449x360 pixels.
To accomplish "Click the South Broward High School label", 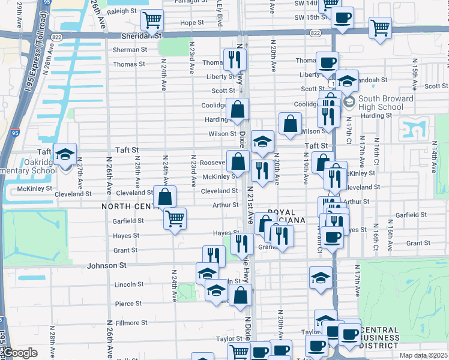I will (385, 103).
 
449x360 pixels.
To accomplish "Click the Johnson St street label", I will (107, 265).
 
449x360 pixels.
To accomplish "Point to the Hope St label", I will (192, 23).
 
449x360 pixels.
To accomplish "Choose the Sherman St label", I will (125, 50).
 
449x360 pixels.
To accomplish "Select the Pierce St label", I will (128, 304).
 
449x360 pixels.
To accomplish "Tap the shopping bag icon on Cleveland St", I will (164, 197).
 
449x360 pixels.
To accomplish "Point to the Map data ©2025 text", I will (424, 355).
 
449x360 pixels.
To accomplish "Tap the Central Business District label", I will (388, 337).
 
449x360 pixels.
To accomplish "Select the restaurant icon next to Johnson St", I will (214, 256).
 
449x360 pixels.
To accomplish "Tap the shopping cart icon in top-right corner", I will (380, 27).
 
